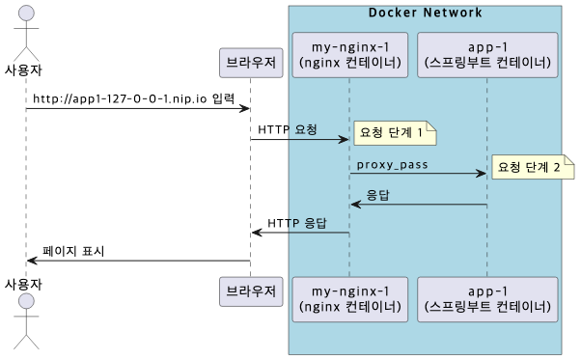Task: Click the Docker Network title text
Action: coord(425,12)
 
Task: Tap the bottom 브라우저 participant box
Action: coord(251,291)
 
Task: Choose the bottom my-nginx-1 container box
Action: coord(349,298)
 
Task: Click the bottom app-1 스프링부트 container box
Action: coord(488,298)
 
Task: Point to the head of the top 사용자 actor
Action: coord(26,14)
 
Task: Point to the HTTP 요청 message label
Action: coord(288,129)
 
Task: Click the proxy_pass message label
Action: coord(392,165)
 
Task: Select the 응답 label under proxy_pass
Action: coord(377,195)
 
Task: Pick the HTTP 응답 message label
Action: coord(297,223)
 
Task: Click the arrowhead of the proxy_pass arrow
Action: coord(482,174)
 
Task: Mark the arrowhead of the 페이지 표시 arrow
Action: coord(32,261)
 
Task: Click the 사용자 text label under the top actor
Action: coord(24,69)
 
